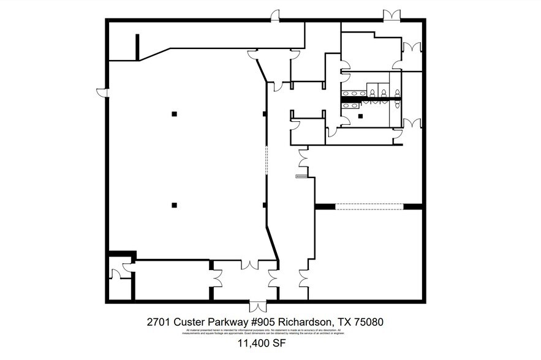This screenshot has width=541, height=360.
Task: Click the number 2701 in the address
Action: (x=159, y=321)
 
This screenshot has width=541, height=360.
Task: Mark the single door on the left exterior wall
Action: (x=102, y=92)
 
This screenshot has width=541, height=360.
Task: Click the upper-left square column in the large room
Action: (x=175, y=114)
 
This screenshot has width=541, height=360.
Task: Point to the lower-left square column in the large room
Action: (x=175, y=205)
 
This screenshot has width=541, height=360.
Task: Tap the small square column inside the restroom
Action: (x=360, y=116)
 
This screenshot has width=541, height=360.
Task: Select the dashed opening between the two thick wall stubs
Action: (x=368, y=206)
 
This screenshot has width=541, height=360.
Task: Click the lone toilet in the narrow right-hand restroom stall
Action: (x=398, y=105)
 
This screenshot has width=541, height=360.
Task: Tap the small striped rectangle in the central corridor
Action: (x=301, y=176)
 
